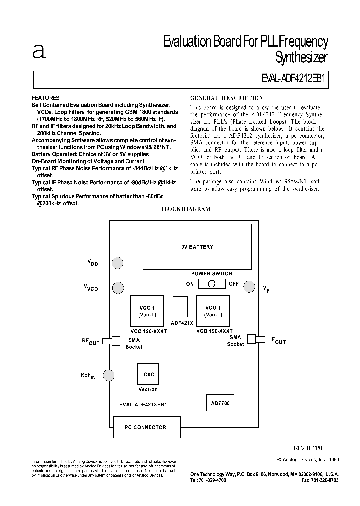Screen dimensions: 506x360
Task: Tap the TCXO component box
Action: (147, 374)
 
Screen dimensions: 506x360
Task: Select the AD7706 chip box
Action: (220, 402)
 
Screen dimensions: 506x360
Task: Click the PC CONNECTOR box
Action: (146, 427)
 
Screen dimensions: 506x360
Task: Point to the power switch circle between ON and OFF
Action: (212, 284)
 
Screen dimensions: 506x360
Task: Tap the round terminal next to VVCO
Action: (118, 288)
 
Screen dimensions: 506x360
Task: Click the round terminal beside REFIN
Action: (109, 374)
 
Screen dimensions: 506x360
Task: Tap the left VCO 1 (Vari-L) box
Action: (147, 310)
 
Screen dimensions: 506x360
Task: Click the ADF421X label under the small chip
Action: (182, 323)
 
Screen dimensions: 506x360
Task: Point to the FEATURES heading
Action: (46, 98)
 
